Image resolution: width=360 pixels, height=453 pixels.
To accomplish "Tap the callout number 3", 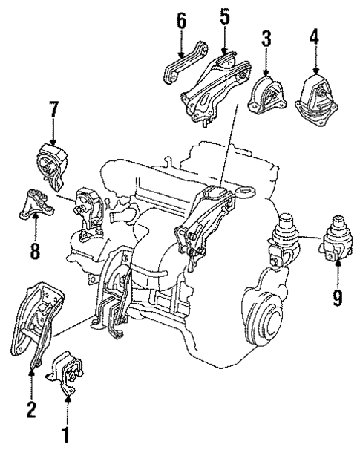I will tap(266, 38).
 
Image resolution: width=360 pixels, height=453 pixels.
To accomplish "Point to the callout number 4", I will tap(315, 36).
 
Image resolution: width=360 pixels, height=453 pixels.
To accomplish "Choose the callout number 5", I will tap(225, 16).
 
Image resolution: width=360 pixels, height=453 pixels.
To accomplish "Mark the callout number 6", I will tap(181, 21).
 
